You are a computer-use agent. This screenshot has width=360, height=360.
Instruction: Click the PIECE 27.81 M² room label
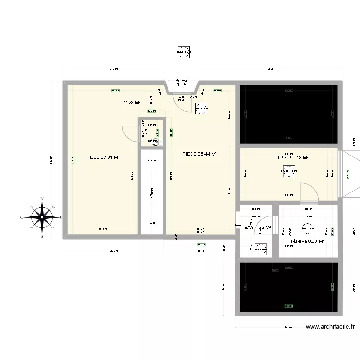coord(102,157)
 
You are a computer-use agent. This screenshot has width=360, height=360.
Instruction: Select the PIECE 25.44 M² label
coord(200,154)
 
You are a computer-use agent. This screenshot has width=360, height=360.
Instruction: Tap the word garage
coord(285,157)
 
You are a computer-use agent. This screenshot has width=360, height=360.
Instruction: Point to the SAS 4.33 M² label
coord(257,228)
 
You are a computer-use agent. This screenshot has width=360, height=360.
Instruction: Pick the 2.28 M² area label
coord(132,102)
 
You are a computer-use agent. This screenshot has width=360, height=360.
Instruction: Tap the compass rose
coord(42,217)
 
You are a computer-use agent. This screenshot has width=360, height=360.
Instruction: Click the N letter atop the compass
coord(42,199)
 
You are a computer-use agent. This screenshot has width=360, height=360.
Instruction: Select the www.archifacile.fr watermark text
coord(331,327)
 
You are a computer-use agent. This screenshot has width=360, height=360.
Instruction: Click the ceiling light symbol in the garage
coord(288,171)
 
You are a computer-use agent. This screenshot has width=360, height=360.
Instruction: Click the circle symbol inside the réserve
coord(306,229)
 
